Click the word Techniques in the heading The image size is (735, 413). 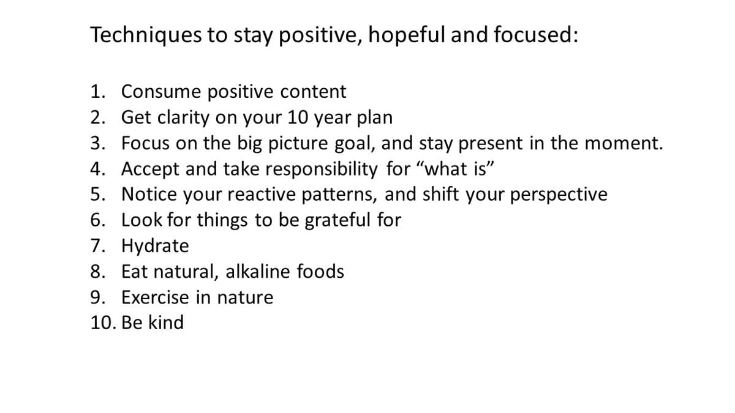click(146, 35)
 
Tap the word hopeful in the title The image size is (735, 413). click(407, 35)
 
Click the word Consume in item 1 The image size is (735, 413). click(160, 91)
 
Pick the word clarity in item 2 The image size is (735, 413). click(183, 117)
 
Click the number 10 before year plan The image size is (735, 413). click(298, 117)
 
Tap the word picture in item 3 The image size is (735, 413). click(298, 144)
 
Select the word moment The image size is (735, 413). click(624, 144)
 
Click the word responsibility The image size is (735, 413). click(321, 169)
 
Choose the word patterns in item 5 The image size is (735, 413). click(339, 195)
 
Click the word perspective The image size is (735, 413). click(559, 195)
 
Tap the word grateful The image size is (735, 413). click(337, 220)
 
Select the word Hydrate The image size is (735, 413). click(155, 246)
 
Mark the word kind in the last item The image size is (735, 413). click(166, 322)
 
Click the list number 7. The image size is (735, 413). click(98, 246)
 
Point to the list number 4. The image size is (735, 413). click(98, 169)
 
